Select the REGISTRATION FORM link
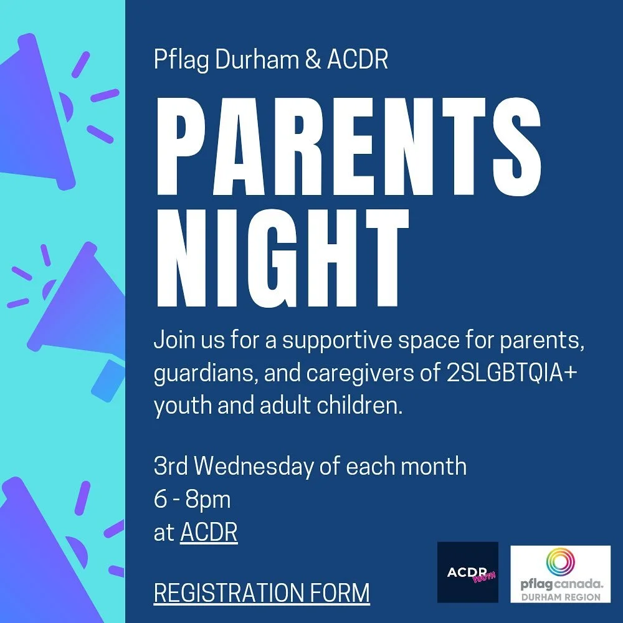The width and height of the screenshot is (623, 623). point(262,592)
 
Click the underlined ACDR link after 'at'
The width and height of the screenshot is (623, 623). point(209,533)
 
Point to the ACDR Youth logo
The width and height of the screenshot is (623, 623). point(468,572)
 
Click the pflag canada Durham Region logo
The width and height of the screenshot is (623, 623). point(561,574)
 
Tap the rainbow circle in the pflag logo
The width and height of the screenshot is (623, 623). point(561,563)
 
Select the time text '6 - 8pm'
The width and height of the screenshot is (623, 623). point(192,500)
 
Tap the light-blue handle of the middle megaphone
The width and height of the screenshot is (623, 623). point(107,380)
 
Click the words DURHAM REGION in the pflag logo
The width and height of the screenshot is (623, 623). point(561,597)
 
